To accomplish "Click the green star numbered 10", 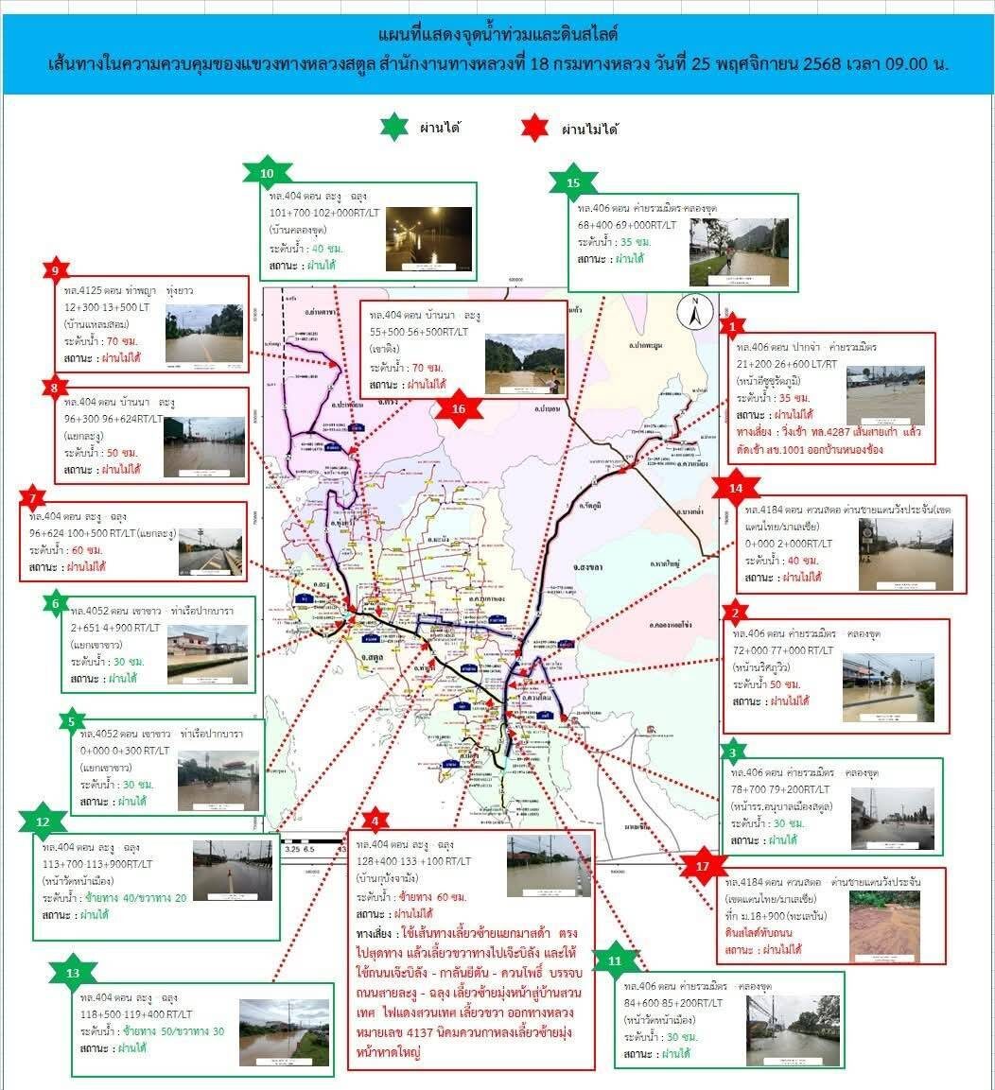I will [267, 173].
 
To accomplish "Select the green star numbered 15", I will [573, 182].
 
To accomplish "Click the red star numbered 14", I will [730, 488].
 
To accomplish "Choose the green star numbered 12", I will [43, 822].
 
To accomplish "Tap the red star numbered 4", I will [375, 820].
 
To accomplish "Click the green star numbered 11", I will [616, 960].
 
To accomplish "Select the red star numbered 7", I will [32, 498].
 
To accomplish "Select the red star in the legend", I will [535, 127].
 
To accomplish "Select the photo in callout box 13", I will [284, 1031].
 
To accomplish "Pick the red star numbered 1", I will [731, 327].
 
